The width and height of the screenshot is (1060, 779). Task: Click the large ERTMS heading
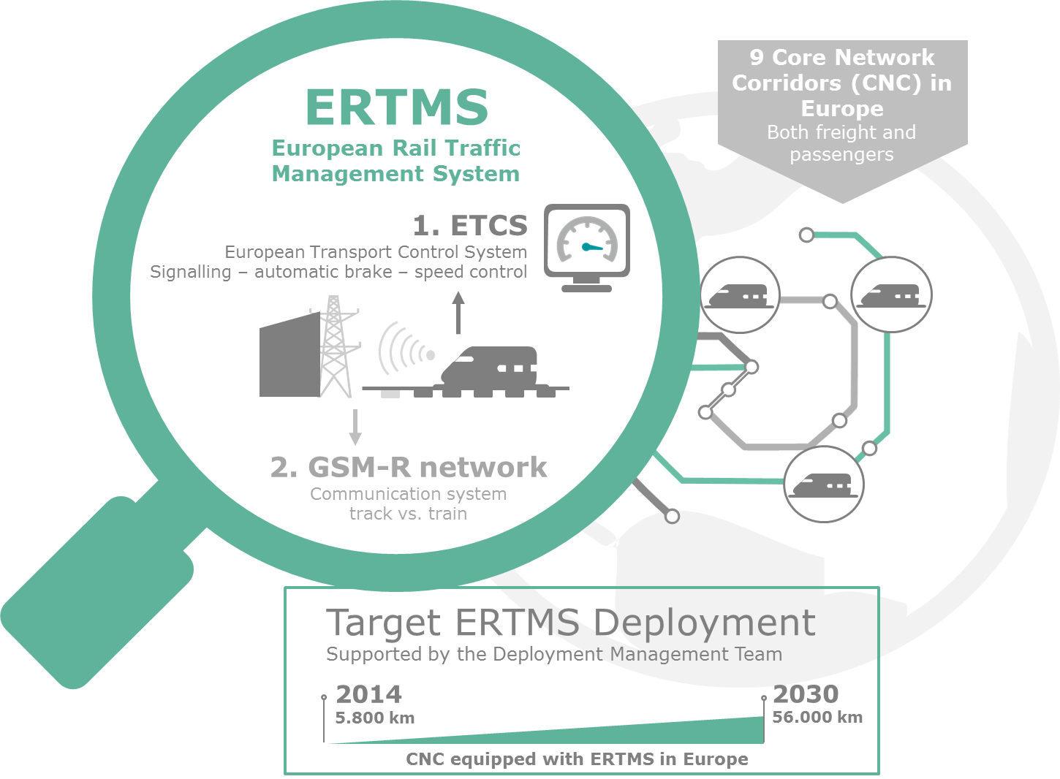[x=396, y=107]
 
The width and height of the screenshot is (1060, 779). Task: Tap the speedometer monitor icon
[x=587, y=248]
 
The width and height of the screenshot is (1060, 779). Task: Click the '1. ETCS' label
[x=470, y=225]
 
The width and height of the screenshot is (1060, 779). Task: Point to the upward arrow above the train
[x=458, y=313]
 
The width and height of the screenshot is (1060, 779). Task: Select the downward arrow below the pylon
[x=355, y=427]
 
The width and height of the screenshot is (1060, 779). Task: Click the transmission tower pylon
[x=335, y=346]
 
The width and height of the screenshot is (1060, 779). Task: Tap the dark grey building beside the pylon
[x=289, y=354]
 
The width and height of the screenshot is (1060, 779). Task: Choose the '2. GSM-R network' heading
[x=409, y=467]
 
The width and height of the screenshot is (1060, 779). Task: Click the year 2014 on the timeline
[x=368, y=694]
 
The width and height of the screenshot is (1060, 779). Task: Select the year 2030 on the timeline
[x=806, y=693]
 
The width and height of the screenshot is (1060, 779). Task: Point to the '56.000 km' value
[x=817, y=717]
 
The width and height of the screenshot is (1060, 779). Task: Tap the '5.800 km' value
[x=375, y=718]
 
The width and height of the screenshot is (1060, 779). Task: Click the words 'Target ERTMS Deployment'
[x=571, y=623]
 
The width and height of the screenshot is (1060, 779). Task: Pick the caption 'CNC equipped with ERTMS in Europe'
[x=577, y=759]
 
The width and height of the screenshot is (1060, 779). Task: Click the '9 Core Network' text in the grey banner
[x=842, y=57]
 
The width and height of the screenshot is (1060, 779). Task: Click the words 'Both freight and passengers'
[x=841, y=143]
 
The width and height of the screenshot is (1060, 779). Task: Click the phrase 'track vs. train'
[x=408, y=514]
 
